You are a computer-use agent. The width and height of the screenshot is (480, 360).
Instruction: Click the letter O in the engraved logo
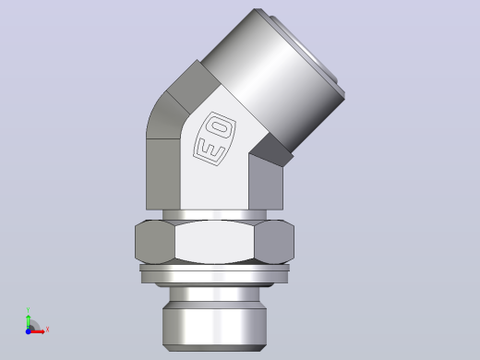click(x=221, y=127)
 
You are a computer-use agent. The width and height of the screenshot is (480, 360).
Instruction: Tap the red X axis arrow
click(x=37, y=331)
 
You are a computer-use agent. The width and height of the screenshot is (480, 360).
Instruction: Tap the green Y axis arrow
click(x=28, y=321)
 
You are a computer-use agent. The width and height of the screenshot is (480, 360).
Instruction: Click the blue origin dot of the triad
click(x=28, y=331)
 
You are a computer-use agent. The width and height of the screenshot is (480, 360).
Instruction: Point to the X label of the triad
click(x=47, y=330)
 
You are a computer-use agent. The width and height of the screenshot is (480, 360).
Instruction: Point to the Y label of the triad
click(x=28, y=310)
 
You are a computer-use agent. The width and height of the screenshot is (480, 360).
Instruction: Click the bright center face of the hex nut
click(x=215, y=242)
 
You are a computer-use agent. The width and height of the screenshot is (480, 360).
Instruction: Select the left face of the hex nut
click(x=155, y=242)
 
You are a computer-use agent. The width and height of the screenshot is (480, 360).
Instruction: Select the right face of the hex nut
click(x=274, y=242)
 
